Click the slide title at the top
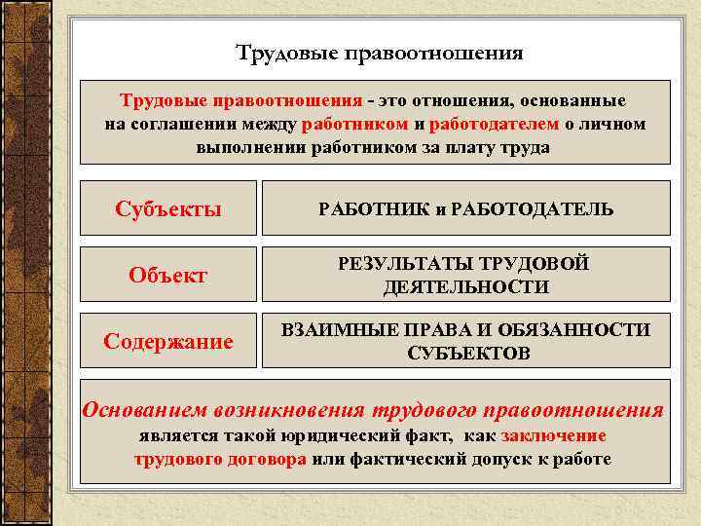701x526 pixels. [x=380, y=53]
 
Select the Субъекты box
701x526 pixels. [x=167, y=208]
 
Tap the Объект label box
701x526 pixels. [x=167, y=275]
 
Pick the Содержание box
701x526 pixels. [x=167, y=341]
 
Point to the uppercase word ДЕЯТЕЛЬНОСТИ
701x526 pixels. [x=465, y=287]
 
